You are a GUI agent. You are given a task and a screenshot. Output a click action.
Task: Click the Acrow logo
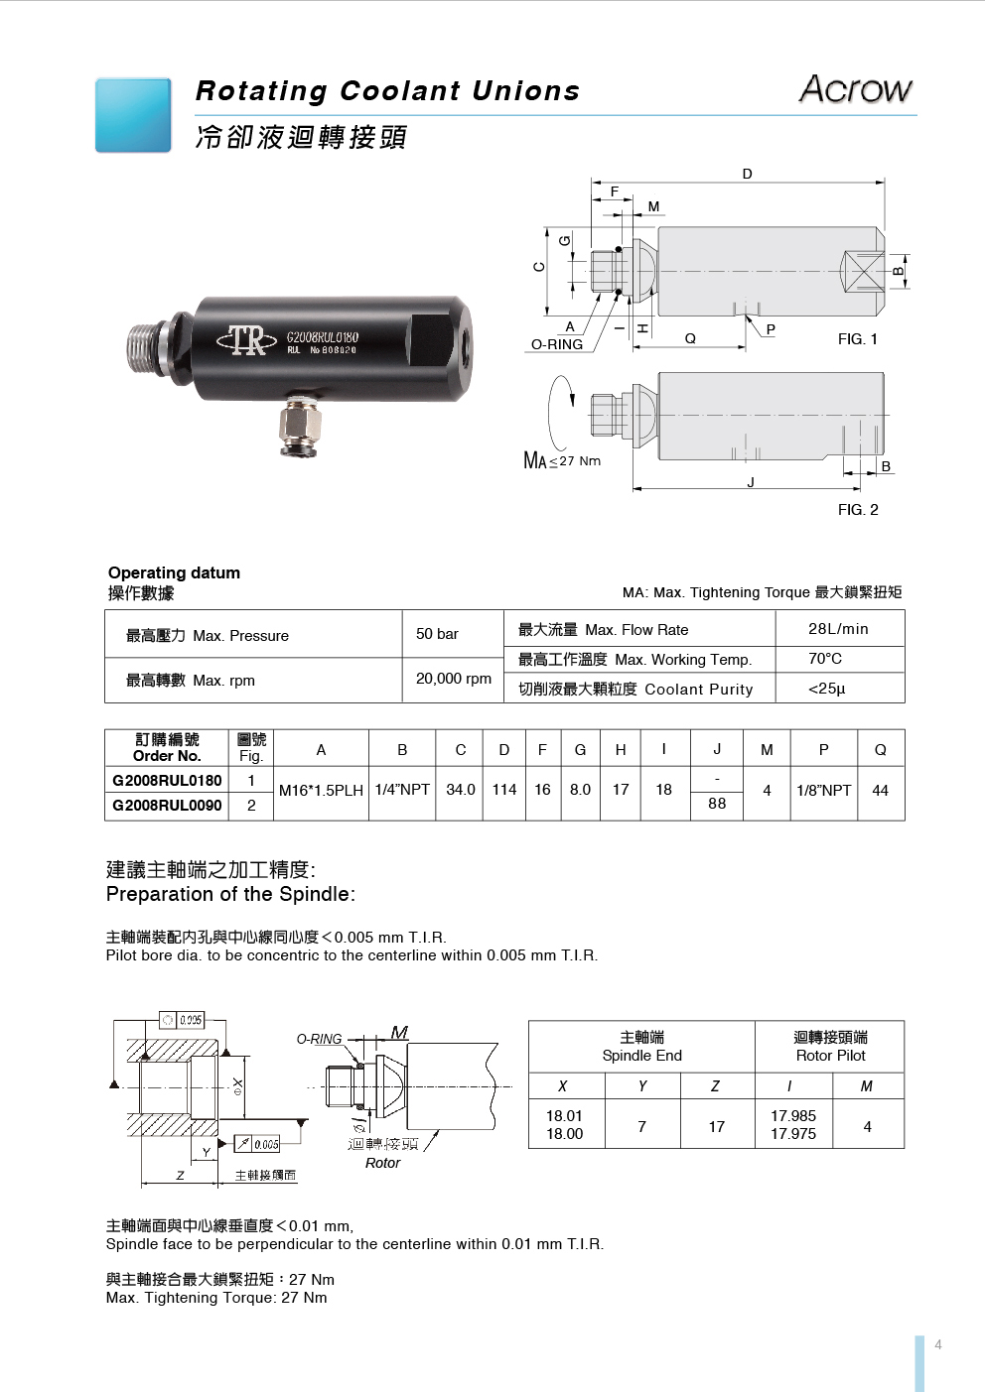(855, 89)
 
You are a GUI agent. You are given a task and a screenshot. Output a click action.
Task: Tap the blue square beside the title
(133, 115)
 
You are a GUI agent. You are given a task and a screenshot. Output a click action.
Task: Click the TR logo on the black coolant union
(247, 340)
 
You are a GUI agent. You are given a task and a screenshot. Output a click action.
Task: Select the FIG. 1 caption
(858, 339)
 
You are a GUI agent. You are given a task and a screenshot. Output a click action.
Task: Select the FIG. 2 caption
(858, 510)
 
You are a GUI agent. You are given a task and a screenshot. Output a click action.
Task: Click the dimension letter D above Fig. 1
(748, 174)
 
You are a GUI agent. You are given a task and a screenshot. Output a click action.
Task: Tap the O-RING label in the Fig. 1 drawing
(557, 344)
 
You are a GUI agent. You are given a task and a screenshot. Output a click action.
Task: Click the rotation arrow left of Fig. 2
(561, 412)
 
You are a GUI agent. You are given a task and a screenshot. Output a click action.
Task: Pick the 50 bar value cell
(437, 634)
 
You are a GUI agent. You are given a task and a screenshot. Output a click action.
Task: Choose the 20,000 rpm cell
(453, 679)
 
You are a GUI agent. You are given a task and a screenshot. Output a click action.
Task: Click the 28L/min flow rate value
(838, 628)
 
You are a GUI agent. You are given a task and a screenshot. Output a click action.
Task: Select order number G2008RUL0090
(167, 805)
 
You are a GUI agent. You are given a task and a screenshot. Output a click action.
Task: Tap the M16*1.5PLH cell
(321, 791)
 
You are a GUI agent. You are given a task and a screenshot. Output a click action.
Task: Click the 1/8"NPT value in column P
(823, 791)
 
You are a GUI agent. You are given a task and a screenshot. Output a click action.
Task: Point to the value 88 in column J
(717, 804)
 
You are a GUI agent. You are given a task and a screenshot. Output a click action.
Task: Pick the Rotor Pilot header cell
(830, 1046)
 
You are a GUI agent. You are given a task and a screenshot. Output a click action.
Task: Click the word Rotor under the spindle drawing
(382, 1163)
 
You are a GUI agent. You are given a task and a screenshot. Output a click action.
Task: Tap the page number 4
(937, 1345)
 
